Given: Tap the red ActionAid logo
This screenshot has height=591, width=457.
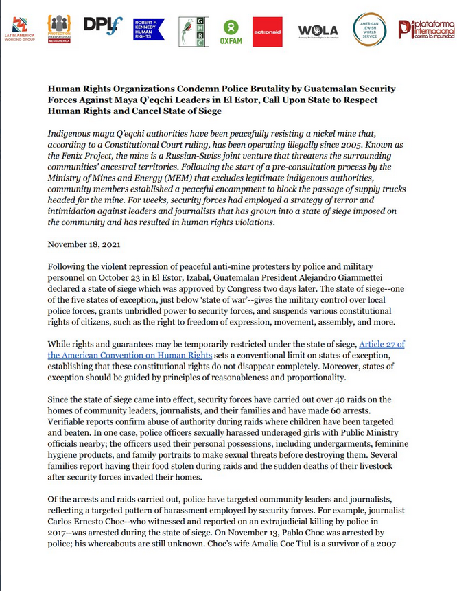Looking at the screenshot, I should pyautogui.click(x=267, y=32).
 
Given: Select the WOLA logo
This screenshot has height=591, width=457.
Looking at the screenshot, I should pyautogui.click(x=318, y=31).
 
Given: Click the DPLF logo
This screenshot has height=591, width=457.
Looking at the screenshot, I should pyautogui.click(x=103, y=25).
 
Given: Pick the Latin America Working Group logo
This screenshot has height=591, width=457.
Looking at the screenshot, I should pyautogui.click(x=19, y=30).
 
